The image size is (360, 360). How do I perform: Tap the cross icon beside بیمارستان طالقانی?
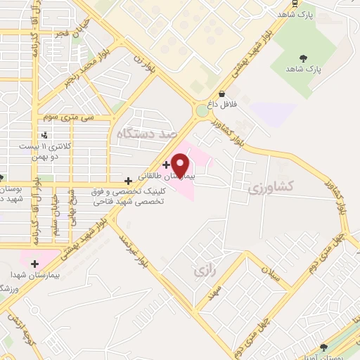coord(166,165)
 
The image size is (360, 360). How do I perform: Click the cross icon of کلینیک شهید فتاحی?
coord(127,181)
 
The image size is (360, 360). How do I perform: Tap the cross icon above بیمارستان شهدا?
coord(34,264)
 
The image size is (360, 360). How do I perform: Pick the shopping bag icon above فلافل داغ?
coord(222,94)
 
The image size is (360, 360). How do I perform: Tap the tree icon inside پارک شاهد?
coord(304,58)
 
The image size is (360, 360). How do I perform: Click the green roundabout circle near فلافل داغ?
coord(202,110)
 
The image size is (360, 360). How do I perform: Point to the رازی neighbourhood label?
coord(202,269)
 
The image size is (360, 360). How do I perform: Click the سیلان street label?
coord(271,272)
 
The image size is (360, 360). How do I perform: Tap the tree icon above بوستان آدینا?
coord(323,347)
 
